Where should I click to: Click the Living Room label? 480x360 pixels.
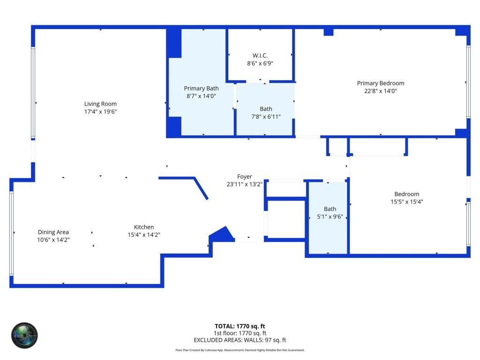(x=100, y=104)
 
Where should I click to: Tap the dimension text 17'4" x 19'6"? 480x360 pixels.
(x=100, y=112)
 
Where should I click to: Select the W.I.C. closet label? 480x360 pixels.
(x=260, y=55)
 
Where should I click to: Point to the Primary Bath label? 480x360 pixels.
(x=201, y=88)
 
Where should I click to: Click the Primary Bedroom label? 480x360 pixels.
(x=380, y=83)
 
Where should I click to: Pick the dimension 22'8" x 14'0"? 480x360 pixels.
(x=380, y=91)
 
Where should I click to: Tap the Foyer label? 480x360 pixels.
(x=244, y=177)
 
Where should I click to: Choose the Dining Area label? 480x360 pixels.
(x=53, y=232)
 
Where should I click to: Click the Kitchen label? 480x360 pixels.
(x=144, y=227)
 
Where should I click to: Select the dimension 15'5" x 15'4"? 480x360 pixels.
(x=406, y=202)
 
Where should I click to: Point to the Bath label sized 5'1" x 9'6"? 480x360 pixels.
(x=330, y=209)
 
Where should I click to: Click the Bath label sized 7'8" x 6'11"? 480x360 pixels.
(x=266, y=109)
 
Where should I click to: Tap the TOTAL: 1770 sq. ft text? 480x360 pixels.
(x=240, y=326)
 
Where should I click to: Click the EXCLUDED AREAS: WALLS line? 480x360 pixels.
(x=240, y=340)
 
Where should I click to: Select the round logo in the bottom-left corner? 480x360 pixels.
(x=24, y=335)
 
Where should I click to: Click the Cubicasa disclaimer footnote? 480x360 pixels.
(x=240, y=350)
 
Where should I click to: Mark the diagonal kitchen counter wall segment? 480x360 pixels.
(x=201, y=188)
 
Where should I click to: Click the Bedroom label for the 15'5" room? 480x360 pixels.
(x=406, y=194)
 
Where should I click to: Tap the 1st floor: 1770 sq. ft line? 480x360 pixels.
(x=240, y=333)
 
